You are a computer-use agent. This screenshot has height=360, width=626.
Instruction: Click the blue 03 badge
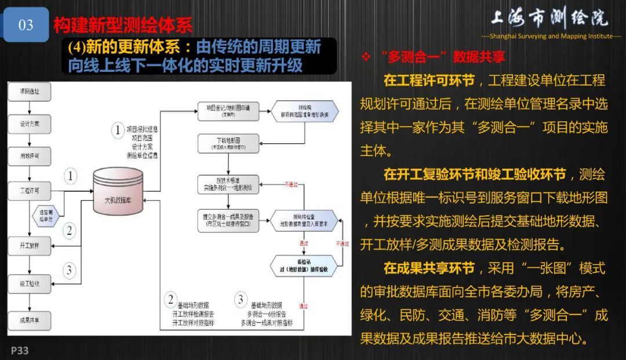coord(26,25)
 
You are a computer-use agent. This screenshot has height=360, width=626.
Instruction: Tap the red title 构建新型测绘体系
coord(122,25)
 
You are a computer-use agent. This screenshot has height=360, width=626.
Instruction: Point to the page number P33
coord(20,350)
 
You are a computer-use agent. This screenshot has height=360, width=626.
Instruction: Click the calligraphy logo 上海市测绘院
coord(549,19)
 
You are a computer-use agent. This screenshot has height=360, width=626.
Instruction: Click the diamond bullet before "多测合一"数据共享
coord(366,57)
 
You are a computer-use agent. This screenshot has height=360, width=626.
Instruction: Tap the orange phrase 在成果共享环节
coord(428,268)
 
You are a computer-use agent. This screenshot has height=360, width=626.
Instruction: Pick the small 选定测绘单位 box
coord(46,215)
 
